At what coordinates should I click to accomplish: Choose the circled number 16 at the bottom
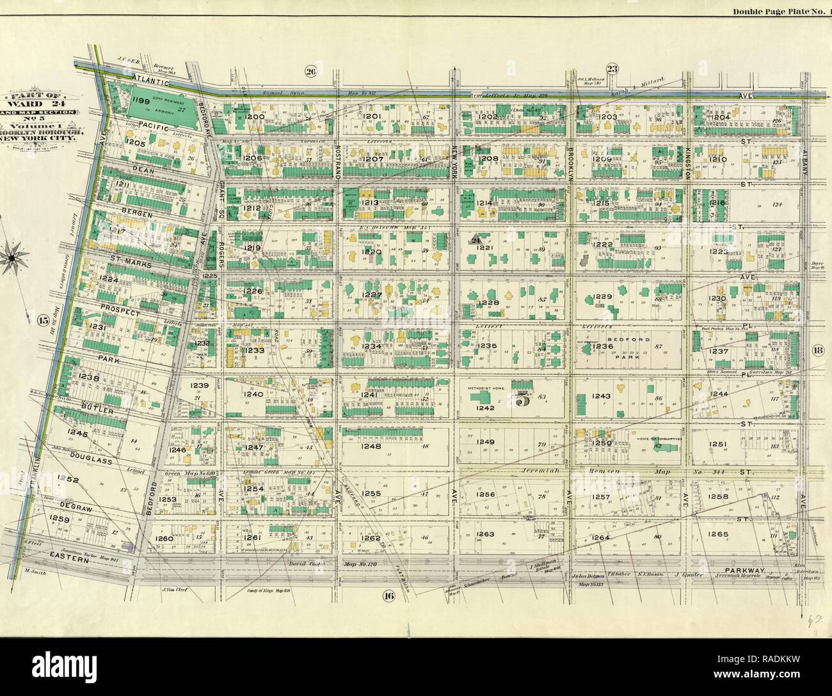tap(388, 596)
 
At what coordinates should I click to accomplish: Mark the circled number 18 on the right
tap(817, 349)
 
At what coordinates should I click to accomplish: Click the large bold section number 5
tap(523, 401)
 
